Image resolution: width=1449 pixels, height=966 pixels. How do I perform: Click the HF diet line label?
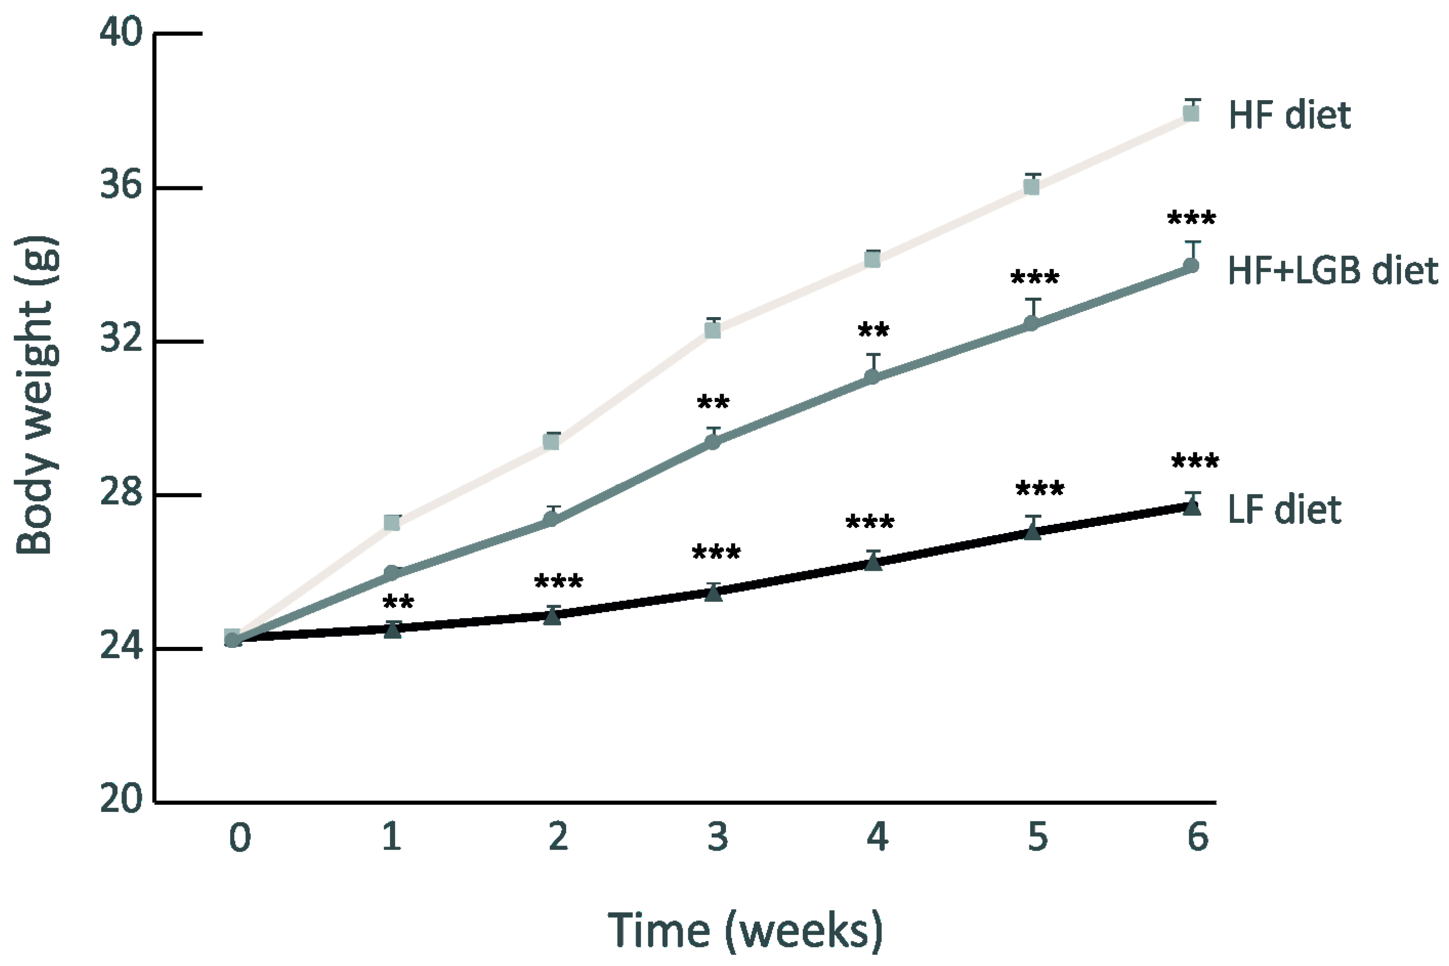pyautogui.click(x=1289, y=115)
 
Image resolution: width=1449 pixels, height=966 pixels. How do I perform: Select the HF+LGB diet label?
pyautogui.click(x=1333, y=271)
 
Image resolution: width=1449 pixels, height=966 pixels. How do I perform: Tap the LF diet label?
pyautogui.click(x=1285, y=510)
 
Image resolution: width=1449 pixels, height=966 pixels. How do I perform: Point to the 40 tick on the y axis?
pyautogui.click(x=120, y=32)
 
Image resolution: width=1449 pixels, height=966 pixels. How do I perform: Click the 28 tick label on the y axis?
pyautogui.click(x=120, y=494)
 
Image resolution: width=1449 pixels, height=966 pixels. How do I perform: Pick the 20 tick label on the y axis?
pyautogui.click(x=120, y=799)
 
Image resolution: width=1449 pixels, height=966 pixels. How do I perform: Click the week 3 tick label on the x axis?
pyautogui.click(x=718, y=837)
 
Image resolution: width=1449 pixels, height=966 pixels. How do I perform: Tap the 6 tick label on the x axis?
pyautogui.click(x=1198, y=837)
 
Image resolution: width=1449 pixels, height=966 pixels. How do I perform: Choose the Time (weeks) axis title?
pyautogui.click(x=745, y=930)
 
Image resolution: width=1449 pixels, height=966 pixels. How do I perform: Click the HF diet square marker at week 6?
pyautogui.click(x=1192, y=113)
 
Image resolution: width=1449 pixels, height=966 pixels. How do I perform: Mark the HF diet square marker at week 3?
pyautogui.click(x=713, y=331)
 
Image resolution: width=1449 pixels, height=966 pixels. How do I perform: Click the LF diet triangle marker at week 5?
pyautogui.click(x=1033, y=532)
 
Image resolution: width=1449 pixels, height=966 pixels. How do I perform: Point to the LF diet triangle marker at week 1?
pyautogui.click(x=393, y=630)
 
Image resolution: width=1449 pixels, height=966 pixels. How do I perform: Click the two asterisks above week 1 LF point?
pyautogui.click(x=398, y=601)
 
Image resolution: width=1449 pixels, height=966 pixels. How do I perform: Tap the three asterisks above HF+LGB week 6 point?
pyautogui.click(x=1192, y=218)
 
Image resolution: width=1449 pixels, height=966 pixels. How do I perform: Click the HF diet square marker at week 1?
pyautogui.click(x=392, y=522)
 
